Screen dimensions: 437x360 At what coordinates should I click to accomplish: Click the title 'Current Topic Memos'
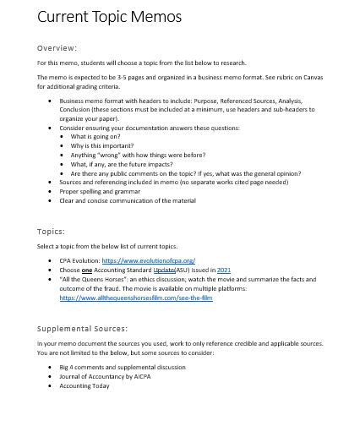(x=109, y=17)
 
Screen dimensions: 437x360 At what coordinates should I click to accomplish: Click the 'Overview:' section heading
(x=57, y=48)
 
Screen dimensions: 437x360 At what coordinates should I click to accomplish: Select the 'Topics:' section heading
(x=51, y=230)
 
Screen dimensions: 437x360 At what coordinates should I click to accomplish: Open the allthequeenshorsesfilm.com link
(x=135, y=298)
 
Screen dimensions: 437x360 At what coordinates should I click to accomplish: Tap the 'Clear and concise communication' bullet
(x=127, y=200)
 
